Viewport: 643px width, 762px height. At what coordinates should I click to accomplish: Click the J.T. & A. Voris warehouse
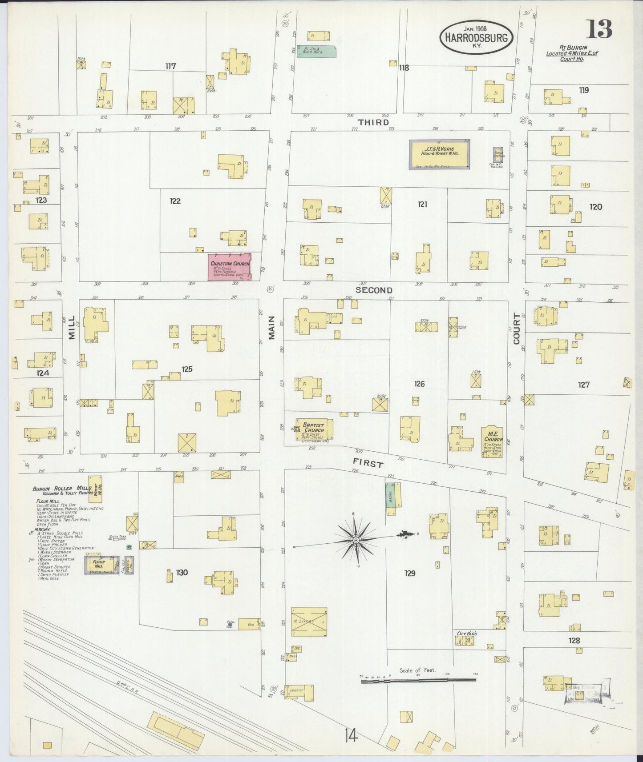click(440, 155)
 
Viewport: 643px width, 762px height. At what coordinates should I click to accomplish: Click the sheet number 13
click(599, 30)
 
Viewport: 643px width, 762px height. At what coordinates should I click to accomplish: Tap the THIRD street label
click(374, 122)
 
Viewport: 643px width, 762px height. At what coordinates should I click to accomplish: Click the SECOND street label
click(374, 290)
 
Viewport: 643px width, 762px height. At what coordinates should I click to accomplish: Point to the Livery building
click(309, 622)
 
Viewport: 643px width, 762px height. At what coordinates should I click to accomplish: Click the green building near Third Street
click(316, 52)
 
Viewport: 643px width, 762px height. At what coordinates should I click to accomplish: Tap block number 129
click(409, 573)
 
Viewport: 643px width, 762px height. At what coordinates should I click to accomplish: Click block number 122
click(175, 201)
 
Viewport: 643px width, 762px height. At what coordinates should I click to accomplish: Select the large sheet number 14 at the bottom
click(351, 736)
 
